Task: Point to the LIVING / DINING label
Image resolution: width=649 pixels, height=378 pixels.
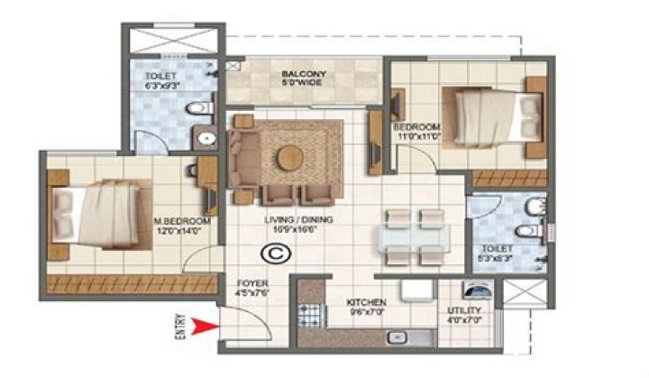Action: click(x=268, y=220)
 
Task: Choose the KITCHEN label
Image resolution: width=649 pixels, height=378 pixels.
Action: click(x=366, y=302)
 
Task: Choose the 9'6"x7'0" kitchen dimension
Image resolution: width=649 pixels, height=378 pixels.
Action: click(x=366, y=313)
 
